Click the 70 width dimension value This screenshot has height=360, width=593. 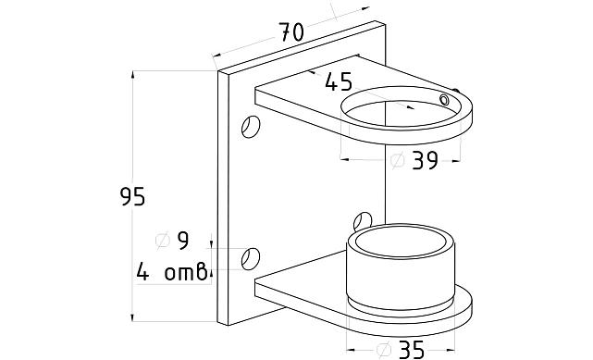[291, 31]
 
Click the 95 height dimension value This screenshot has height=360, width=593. [132, 196]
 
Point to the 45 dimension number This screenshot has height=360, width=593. [339, 81]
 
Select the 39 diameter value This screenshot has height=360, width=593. [425, 160]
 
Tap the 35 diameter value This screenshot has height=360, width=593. [412, 350]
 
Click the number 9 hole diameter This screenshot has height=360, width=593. [183, 241]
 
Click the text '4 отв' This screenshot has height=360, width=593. [172, 271]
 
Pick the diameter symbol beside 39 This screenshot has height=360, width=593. [398, 160]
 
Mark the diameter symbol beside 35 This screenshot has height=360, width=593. [384, 350]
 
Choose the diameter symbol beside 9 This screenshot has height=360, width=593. [163, 240]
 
